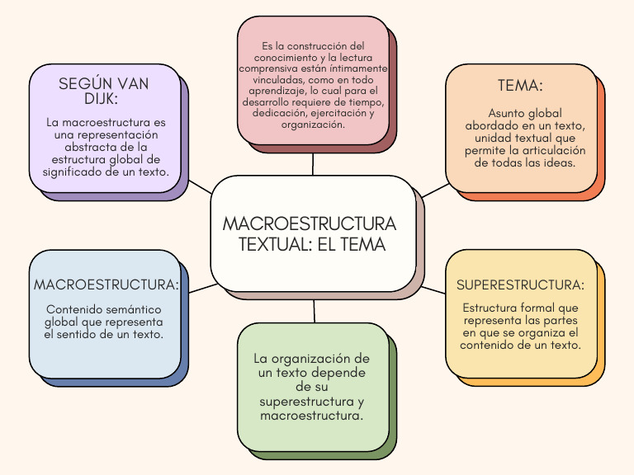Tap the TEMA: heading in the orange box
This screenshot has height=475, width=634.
click(520, 86)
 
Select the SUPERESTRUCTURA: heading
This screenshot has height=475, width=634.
click(520, 285)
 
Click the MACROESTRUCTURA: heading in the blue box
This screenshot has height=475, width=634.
click(106, 285)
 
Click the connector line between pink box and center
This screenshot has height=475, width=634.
click(313, 164)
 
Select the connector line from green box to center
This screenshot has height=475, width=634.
click(315, 311)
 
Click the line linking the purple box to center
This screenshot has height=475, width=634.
click(201, 186)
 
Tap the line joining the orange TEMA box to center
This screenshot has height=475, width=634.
click(436, 190)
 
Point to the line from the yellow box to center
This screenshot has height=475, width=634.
click(433, 290)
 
